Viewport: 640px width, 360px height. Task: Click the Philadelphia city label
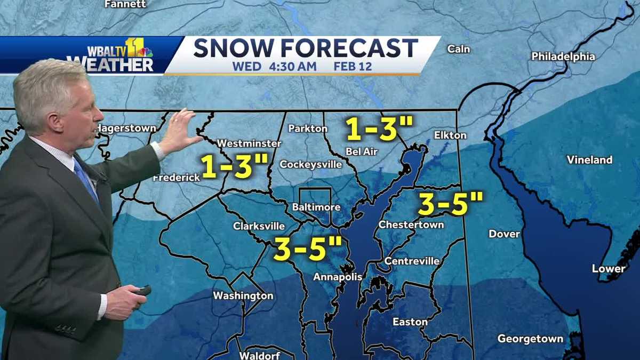tap(563, 57)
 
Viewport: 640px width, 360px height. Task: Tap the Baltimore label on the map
tap(314, 206)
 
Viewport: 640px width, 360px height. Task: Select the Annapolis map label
tap(338, 277)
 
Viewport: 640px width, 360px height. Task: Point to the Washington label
tap(243, 295)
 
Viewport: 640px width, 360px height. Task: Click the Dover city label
tap(504, 234)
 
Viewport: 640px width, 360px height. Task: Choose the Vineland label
tap(589, 159)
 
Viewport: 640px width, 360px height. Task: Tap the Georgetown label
tap(530, 339)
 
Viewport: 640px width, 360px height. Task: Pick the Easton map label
tap(410, 322)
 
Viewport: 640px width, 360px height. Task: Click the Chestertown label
tap(411, 225)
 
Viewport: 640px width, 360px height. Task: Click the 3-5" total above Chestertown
tap(451, 204)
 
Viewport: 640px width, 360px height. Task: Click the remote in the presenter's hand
tap(142, 291)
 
